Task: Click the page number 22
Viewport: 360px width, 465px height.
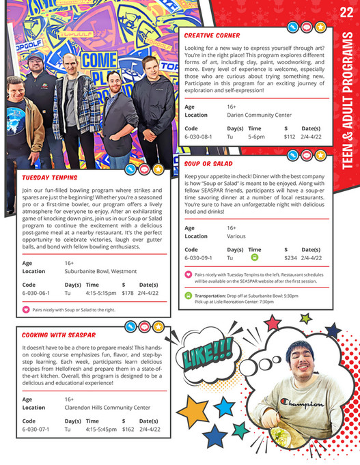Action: point(346,12)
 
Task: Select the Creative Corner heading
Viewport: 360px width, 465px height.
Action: point(212,35)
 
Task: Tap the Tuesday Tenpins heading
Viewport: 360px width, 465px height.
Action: point(50,178)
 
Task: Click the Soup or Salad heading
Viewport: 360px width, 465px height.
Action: point(208,164)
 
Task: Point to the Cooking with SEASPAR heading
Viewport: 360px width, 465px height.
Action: point(58,335)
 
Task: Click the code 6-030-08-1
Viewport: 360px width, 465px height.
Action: point(198,137)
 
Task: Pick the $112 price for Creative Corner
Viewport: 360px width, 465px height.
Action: point(290,137)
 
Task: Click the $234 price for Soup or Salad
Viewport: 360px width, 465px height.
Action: point(291,258)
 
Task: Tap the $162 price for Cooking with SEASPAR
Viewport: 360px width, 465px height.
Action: point(128,429)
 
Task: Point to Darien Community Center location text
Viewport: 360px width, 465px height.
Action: point(260,115)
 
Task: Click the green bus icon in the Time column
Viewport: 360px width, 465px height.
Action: point(254,258)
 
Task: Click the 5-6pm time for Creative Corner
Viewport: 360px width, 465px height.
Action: point(256,137)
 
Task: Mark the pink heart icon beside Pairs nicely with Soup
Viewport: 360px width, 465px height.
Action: point(27,309)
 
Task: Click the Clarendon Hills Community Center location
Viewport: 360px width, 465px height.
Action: point(107,408)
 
